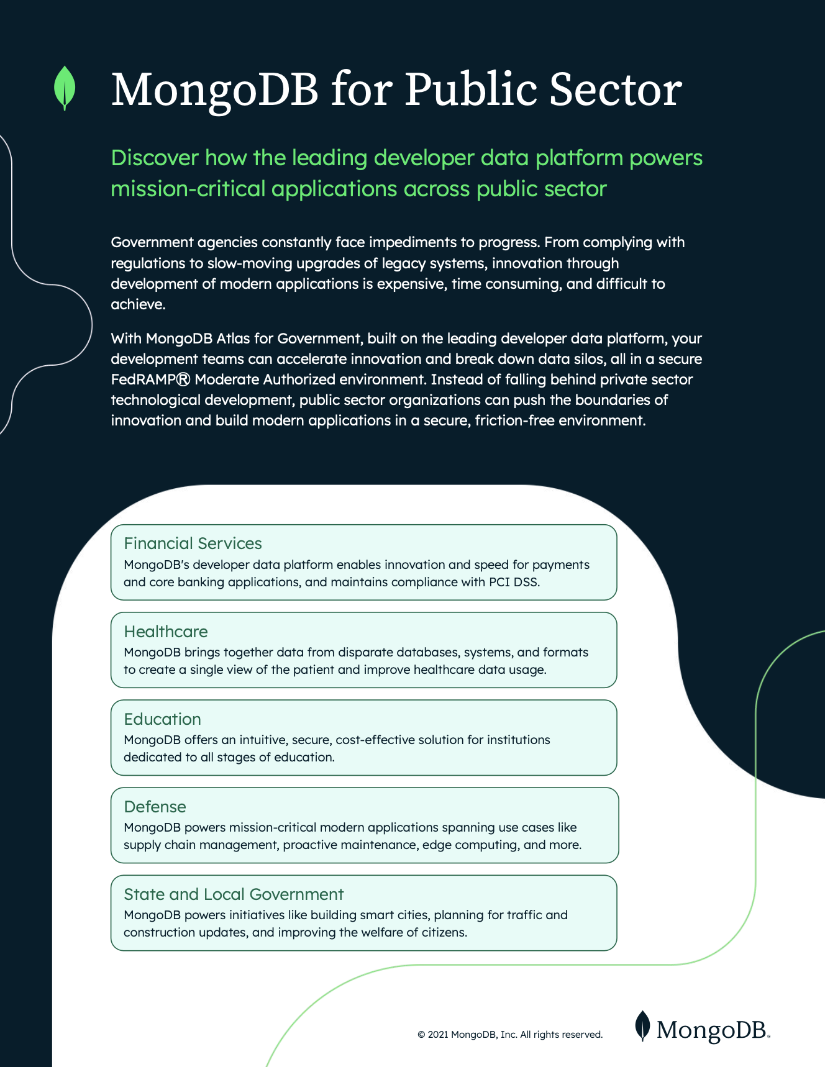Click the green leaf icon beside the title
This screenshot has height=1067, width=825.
[65, 88]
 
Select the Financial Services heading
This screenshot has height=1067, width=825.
[193, 543]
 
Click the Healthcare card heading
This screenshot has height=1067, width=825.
[166, 632]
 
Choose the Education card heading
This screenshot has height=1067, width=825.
[162, 719]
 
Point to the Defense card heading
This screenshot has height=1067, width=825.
[155, 807]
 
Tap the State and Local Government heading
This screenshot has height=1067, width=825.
[234, 894]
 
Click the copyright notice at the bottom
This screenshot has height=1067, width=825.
[510, 1035]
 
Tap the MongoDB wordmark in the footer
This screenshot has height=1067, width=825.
[712, 1030]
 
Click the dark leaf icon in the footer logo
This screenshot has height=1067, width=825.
[642, 1026]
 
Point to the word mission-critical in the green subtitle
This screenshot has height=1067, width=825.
[188, 189]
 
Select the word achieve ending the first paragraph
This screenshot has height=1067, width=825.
[137, 304]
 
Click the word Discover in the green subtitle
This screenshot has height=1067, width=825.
[155, 158]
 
